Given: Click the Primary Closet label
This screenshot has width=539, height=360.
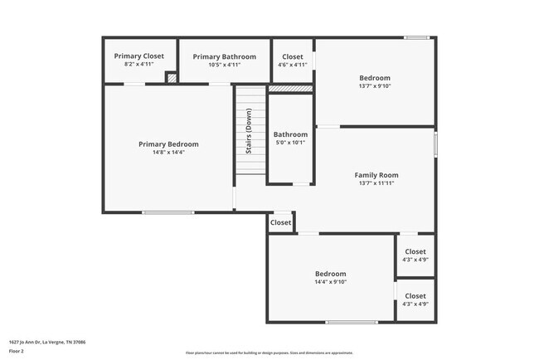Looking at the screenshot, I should (139, 56).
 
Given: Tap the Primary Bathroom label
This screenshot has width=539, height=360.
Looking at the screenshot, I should (223, 56).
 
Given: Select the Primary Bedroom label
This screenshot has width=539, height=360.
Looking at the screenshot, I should (168, 144).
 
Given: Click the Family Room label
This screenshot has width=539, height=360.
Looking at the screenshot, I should (376, 175).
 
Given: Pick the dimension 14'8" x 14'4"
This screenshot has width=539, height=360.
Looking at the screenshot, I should (168, 153).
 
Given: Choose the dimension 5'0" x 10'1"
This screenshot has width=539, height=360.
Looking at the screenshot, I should (290, 143).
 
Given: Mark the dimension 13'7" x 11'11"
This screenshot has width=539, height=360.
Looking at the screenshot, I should (376, 183).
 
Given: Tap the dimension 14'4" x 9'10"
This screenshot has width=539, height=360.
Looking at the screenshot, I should (330, 282).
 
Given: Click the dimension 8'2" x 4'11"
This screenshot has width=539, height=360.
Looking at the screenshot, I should (139, 65).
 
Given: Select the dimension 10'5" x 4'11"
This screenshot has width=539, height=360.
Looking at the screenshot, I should (223, 65).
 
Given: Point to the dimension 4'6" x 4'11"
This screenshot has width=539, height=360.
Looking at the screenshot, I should (292, 65).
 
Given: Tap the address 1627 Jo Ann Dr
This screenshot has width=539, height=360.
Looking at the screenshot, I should (47, 342).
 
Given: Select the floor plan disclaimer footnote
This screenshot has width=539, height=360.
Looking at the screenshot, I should (269, 353).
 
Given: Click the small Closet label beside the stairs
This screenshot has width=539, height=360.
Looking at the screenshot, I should (280, 222).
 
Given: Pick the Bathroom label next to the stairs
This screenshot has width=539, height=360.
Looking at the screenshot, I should (290, 134).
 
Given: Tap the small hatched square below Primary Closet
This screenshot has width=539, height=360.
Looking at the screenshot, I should (172, 78).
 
